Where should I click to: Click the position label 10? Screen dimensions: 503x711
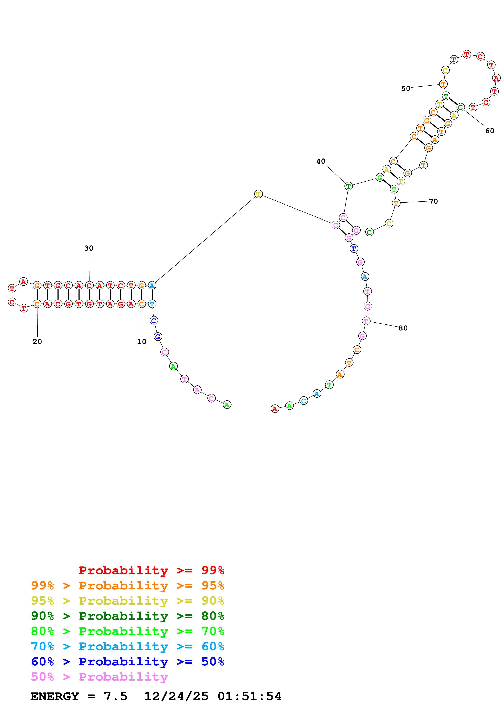pos(142,341)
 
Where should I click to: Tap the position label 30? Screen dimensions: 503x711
pos(89,248)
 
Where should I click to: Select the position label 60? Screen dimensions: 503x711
pos(490,131)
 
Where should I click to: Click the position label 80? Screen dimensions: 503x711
pos(403,328)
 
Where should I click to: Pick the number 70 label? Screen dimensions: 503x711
pos(433,201)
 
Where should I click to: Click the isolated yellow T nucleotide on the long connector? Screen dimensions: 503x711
pos(258,194)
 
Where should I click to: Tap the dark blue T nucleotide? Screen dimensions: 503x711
pos(354,248)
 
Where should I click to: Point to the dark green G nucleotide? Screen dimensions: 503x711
pos(461,107)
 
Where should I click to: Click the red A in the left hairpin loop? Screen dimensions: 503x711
pos(24,282)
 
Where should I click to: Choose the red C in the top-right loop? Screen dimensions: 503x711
pos(480,56)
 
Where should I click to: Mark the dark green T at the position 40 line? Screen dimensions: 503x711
pos(348,186)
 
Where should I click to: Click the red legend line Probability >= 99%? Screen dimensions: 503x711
pos(151,570)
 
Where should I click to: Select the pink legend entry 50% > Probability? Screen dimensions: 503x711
pos(99,677)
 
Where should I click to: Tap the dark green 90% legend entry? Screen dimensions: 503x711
pos(127,616)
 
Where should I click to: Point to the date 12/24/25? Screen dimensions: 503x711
pos(176,696)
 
